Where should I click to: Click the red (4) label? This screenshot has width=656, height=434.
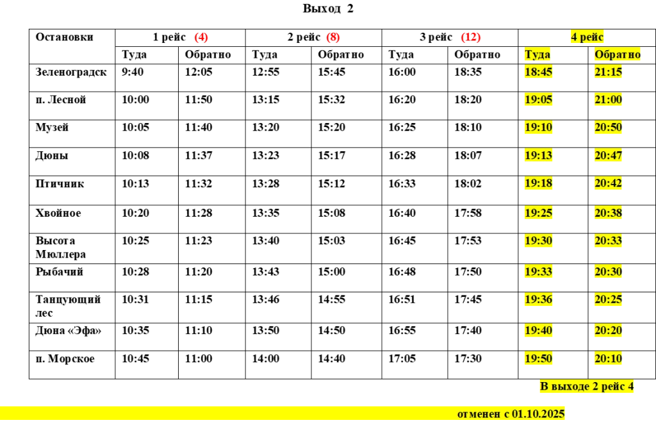202,38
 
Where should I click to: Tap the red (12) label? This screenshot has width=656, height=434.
471,38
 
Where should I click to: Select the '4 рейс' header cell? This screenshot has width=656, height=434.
587,38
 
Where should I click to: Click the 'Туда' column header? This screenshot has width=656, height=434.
537,54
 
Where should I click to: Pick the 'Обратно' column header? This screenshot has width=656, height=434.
618,54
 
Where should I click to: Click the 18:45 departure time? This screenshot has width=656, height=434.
538,72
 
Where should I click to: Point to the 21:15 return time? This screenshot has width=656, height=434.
609,72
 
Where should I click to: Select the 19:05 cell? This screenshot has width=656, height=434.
538,99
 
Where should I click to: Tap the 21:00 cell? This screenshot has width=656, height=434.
609,99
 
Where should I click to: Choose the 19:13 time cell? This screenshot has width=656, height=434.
538,155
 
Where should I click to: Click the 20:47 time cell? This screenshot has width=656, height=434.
609,155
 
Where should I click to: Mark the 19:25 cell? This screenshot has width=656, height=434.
538,212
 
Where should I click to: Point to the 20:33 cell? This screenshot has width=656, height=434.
609,240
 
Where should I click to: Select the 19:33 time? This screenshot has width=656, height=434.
538,271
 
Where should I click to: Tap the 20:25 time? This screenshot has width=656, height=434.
609,299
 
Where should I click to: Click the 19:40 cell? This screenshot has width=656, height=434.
538,331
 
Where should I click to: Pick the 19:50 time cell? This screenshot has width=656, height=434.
538,358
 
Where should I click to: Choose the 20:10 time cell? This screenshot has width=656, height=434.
609,358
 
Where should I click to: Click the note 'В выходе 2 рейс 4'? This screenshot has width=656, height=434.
587,387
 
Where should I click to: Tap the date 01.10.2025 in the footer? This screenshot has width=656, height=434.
538,414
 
